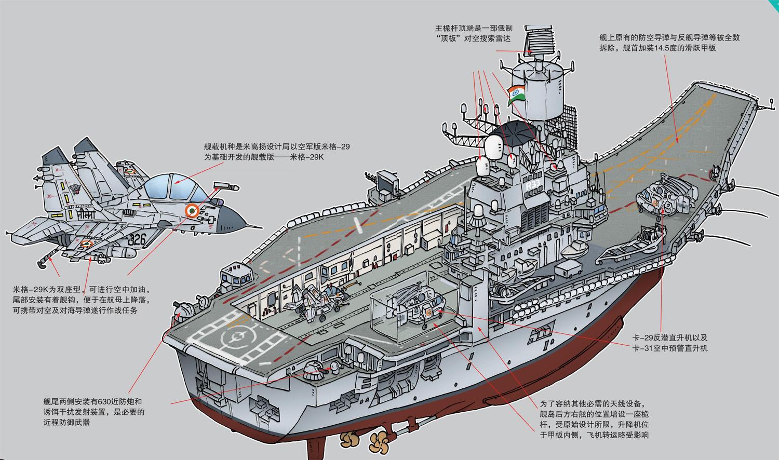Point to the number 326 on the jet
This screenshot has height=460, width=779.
pyautogui.click(x=137, y=239)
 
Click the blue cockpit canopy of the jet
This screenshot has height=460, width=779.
pyautogui.click(x=167, y=186)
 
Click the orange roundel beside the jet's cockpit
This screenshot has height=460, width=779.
pyautogui.click(x=192, y=211)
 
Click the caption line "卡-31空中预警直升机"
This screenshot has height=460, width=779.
pyautogui.click(x=669, y=348)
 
